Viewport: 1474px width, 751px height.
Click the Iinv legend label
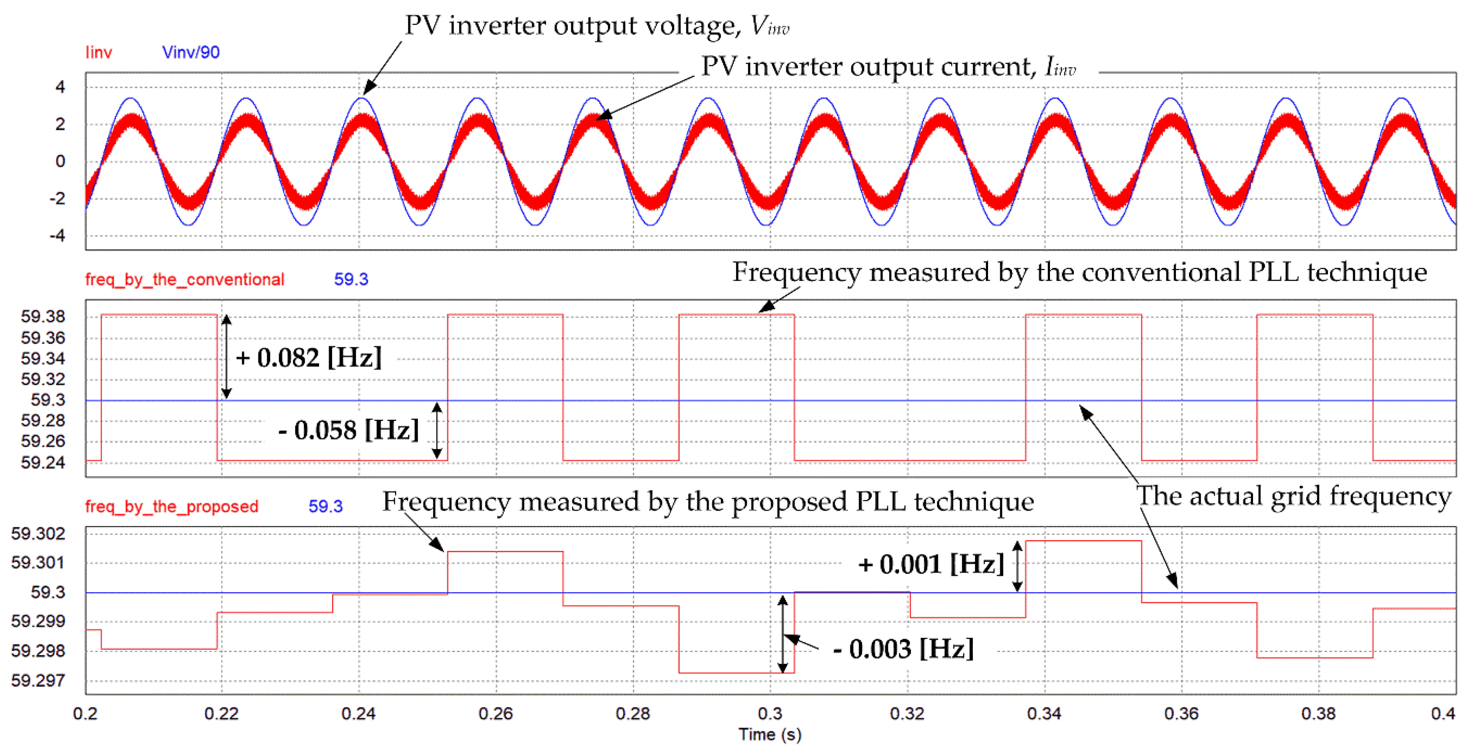(x=98, y=53)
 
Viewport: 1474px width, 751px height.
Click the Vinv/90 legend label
(x=190, y=53)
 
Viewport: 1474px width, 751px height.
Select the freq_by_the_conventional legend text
(x=184, y=280)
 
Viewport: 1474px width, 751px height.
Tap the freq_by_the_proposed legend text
(x=172, y=507)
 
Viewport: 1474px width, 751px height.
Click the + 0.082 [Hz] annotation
(x=309, y=358)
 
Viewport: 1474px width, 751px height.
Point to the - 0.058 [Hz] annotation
(x=349, y=430)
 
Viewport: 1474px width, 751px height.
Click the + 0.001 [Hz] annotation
(x=931, y=565)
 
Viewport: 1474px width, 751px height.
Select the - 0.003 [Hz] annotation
(x=903, y=649)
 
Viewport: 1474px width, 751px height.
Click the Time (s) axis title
(x=770, y=734)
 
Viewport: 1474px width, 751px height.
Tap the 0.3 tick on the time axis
(x=770, y=714)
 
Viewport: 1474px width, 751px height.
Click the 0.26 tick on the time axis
(x=496, y=714)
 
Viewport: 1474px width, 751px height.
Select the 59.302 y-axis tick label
(x=38, y=534)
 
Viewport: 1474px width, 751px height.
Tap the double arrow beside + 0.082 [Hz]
(x=227, y=356)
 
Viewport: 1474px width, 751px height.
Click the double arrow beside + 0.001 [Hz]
(x=1017, y=566)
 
